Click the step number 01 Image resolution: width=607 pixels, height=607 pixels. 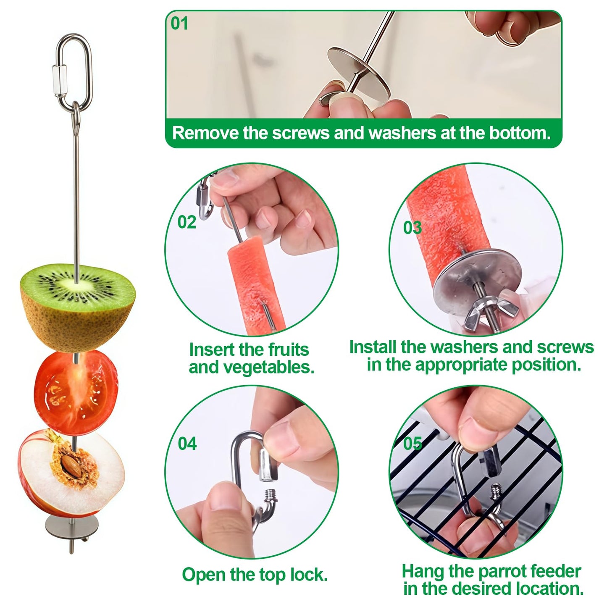(x=179, y=24)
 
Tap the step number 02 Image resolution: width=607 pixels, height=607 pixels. (x=187, y=222)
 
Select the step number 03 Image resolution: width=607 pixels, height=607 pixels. (x=412, y=228)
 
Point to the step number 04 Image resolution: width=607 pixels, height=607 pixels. (x=187, y=444)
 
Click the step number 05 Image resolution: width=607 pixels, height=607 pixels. (x=412, y=443)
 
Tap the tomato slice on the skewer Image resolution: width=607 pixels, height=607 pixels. (x=76, y=393)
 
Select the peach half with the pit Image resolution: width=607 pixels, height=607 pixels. (x=71, y=473)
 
